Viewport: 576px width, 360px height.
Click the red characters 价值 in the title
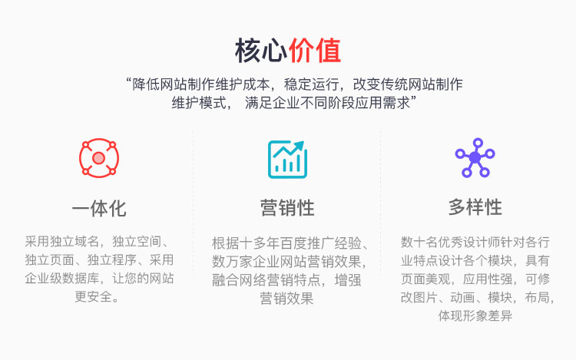[x=315, y=50]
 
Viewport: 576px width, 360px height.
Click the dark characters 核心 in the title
[x=261, y=50]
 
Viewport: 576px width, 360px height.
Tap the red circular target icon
[x=99, y=158]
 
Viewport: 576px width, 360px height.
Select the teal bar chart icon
[x=287, y=159]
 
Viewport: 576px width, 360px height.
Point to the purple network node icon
[x=475, y=158]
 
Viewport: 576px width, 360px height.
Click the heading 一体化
[x=99, y=209]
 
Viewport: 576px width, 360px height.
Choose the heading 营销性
[x=287, y=208]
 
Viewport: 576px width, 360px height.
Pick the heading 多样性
[x=475, y=207]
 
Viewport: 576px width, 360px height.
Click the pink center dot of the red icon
[x=98, y=158]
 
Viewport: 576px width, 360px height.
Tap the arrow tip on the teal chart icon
[x=303, y=143]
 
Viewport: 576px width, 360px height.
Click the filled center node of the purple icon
[x=475, y=158]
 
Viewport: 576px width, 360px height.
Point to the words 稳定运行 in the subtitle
[x=311, y=84]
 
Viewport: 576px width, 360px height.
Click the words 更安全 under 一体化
[x=93, y=296]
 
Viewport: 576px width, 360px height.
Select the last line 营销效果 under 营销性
[x=286, y=299]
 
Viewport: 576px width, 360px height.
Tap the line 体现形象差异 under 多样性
[x=475, y=315]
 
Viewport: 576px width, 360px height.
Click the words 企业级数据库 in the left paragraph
[x=62, y=278]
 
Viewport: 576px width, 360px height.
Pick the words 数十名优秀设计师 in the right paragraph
[x=450, y=243]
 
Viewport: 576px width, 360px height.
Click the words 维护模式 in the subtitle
[x=199, y=103]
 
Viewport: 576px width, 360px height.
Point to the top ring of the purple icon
[x=478, y=142]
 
